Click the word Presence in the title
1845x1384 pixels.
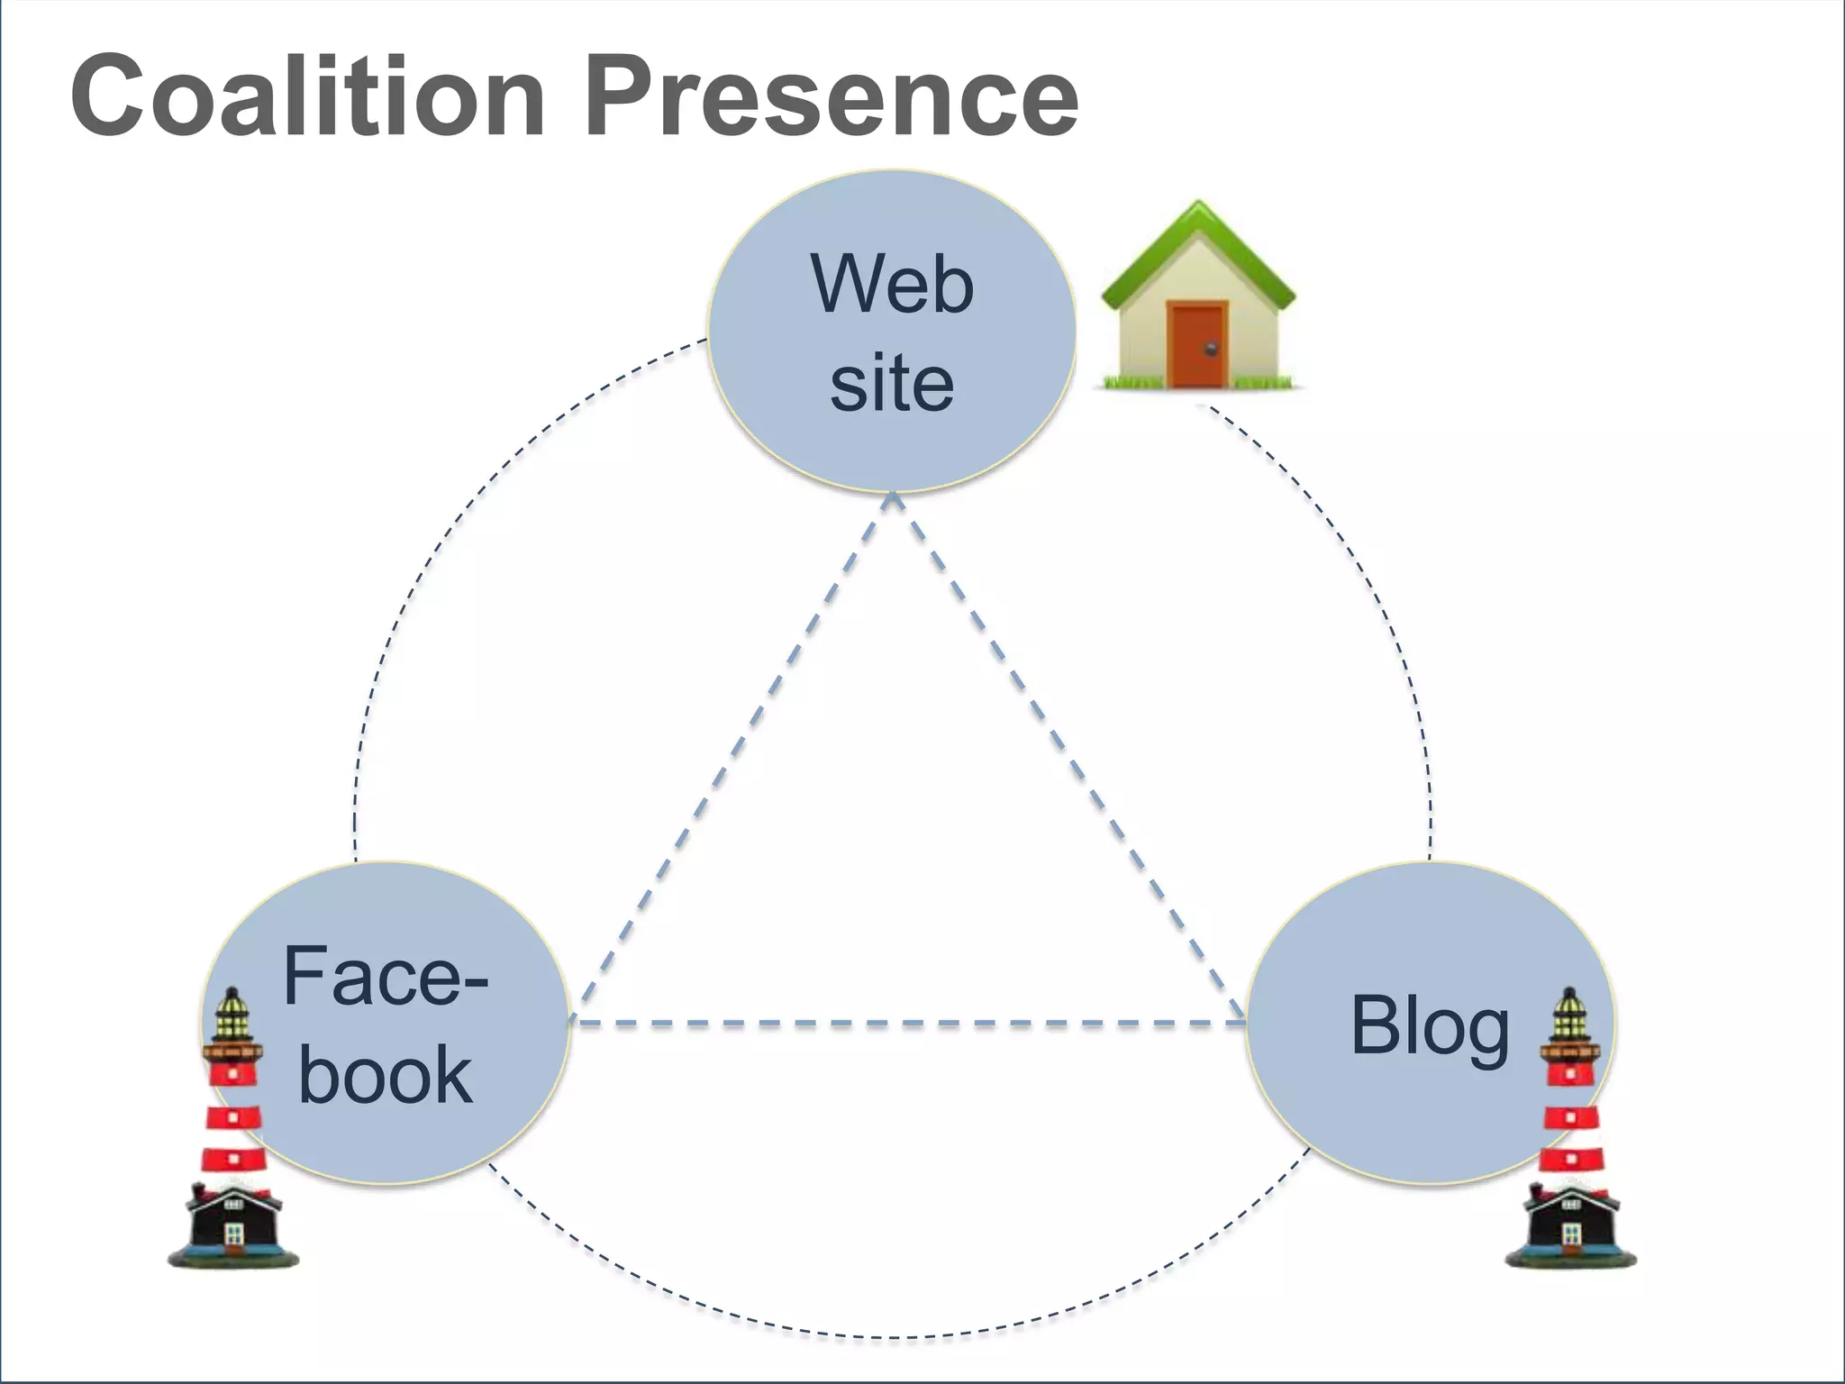pyautogui.click(x=831, y=96)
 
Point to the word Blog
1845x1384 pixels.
pyautogui.click(x=1430, y=1026)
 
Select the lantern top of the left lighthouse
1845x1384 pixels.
pyautogui.click(x=233, y=1014)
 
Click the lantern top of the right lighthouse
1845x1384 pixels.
pyautogui.click(x=1570, y=1014)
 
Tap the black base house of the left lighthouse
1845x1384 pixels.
pyautogui.click(x=233, y=1221)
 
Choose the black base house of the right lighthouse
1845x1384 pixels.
pyautogui.click(x=1570, y=1221)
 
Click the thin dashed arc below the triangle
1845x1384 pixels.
pyautogui.click(x=892, y=1336)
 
